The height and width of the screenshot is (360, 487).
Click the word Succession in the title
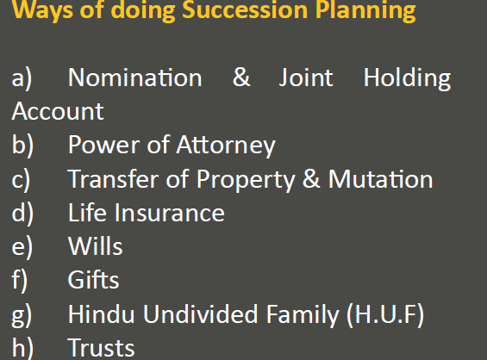pos(245,9)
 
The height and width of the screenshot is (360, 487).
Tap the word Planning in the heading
pos(365,10)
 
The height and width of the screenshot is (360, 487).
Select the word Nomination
pos(135,78)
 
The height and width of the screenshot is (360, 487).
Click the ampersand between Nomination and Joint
pos(241,77)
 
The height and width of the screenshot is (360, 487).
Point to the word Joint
pos(306,78)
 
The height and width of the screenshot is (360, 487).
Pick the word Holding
pos(407,78)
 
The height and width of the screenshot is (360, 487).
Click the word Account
pos(58,111)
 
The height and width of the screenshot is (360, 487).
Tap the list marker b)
pos(22,146)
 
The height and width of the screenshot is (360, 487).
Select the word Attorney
pos(226,146)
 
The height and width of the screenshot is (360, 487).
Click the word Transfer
pos(113,178)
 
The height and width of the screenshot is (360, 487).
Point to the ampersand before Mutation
pos(311,178)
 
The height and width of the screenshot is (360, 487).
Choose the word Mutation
pos(380,179)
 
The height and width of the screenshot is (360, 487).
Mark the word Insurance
pos(170,212)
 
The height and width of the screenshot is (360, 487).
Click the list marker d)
pos(22,214)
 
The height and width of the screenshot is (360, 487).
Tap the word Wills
pos(96,245)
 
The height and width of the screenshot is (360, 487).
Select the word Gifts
pos(93,279)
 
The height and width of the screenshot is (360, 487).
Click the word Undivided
pos(200,313)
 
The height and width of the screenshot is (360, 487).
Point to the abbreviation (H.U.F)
pos(385,314)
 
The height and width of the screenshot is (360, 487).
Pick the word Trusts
pos(101,347)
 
